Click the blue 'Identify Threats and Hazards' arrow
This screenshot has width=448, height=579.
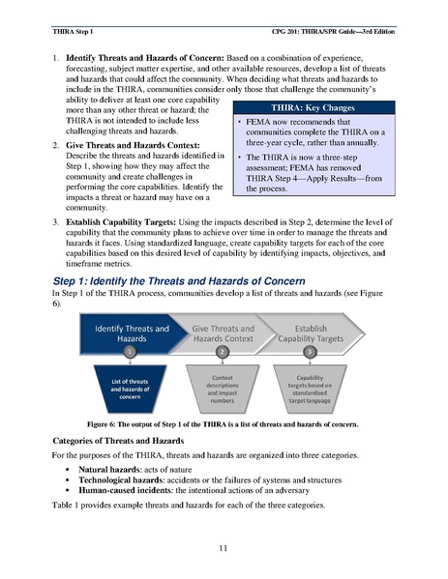131,333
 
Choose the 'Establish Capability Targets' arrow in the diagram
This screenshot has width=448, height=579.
309,333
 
